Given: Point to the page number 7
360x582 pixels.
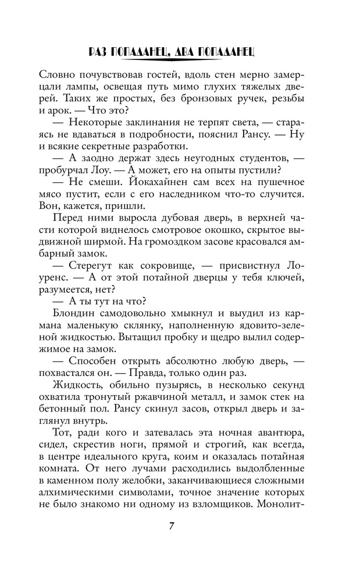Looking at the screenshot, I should [x=172, y=526].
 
